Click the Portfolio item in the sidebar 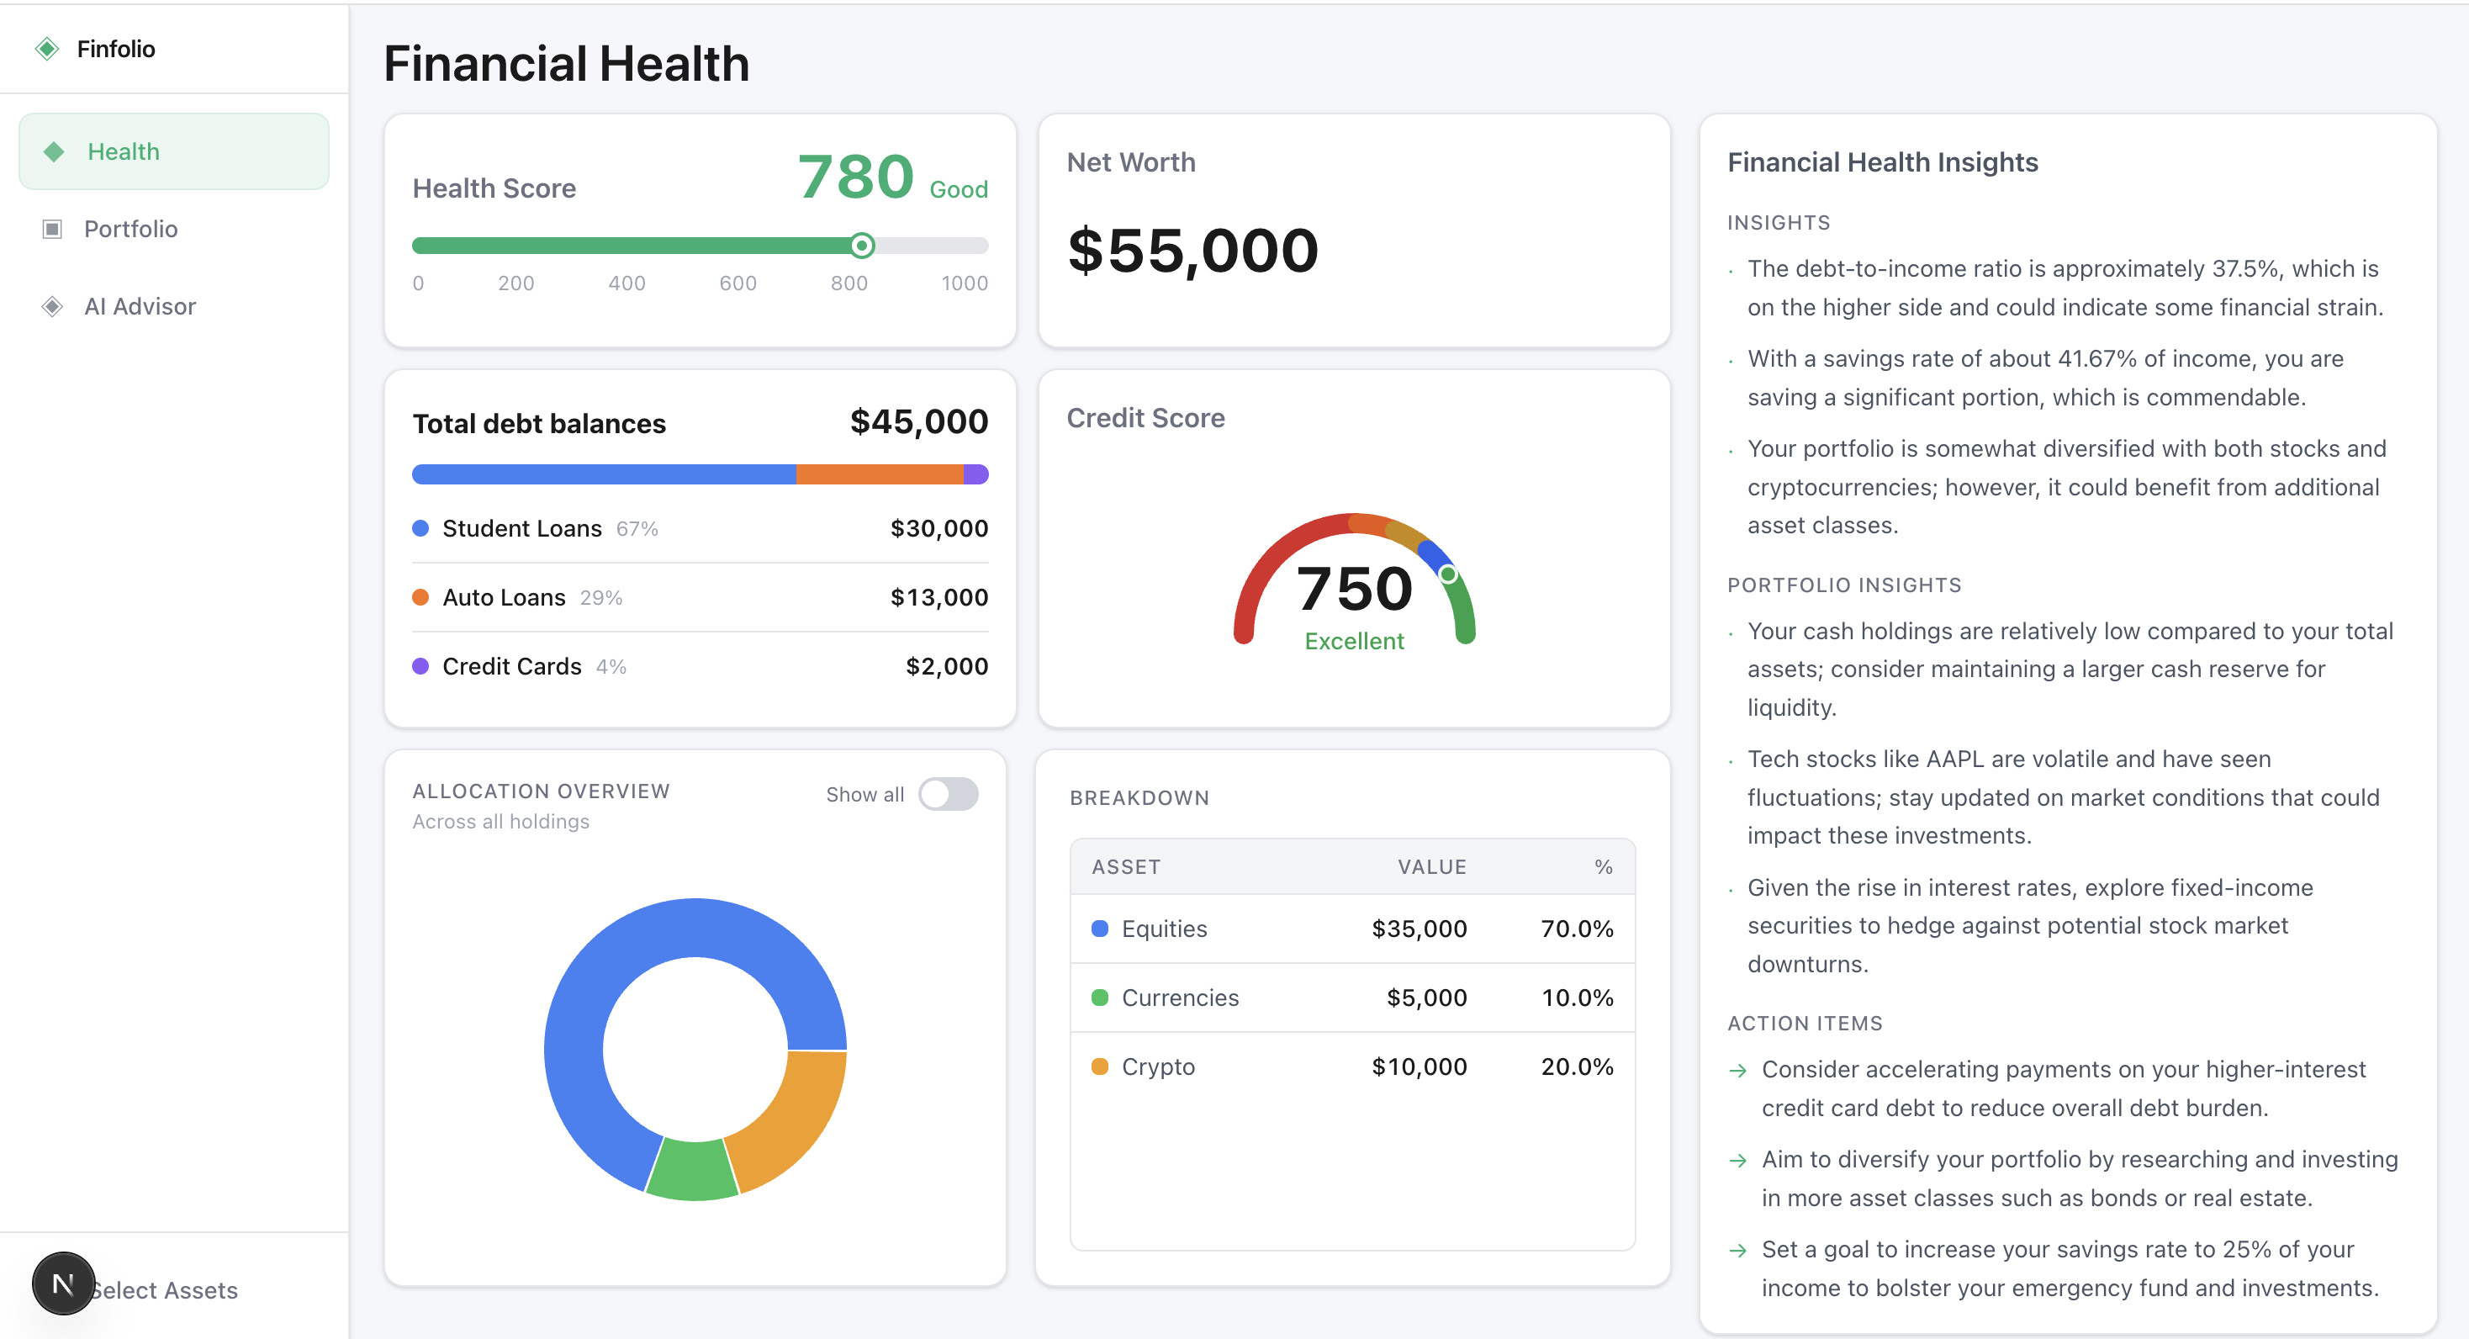[x=130, y=229]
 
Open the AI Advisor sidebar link [x=139, y=307]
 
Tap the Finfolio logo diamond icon [x=47, y=49]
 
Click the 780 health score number [x=855, y=177]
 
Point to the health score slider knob [x=862, y=246]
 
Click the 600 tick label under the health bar [x=737, y=283]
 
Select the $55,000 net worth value [x=1192, y=251]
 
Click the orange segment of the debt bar [x=878, y=474]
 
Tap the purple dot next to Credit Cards [x=420, y=667]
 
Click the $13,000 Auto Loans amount [x=938, y=598]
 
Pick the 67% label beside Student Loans [x=637, y=529]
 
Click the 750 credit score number [x=1353, y=589]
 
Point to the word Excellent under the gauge [x=1353, y=641]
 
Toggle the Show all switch [x=948, y=795]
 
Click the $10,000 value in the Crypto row [x=1419, y=1066]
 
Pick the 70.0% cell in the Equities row [x=1577, y=929]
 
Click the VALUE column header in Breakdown [x=1431, y=867]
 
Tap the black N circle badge [x=63, y=1283]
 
